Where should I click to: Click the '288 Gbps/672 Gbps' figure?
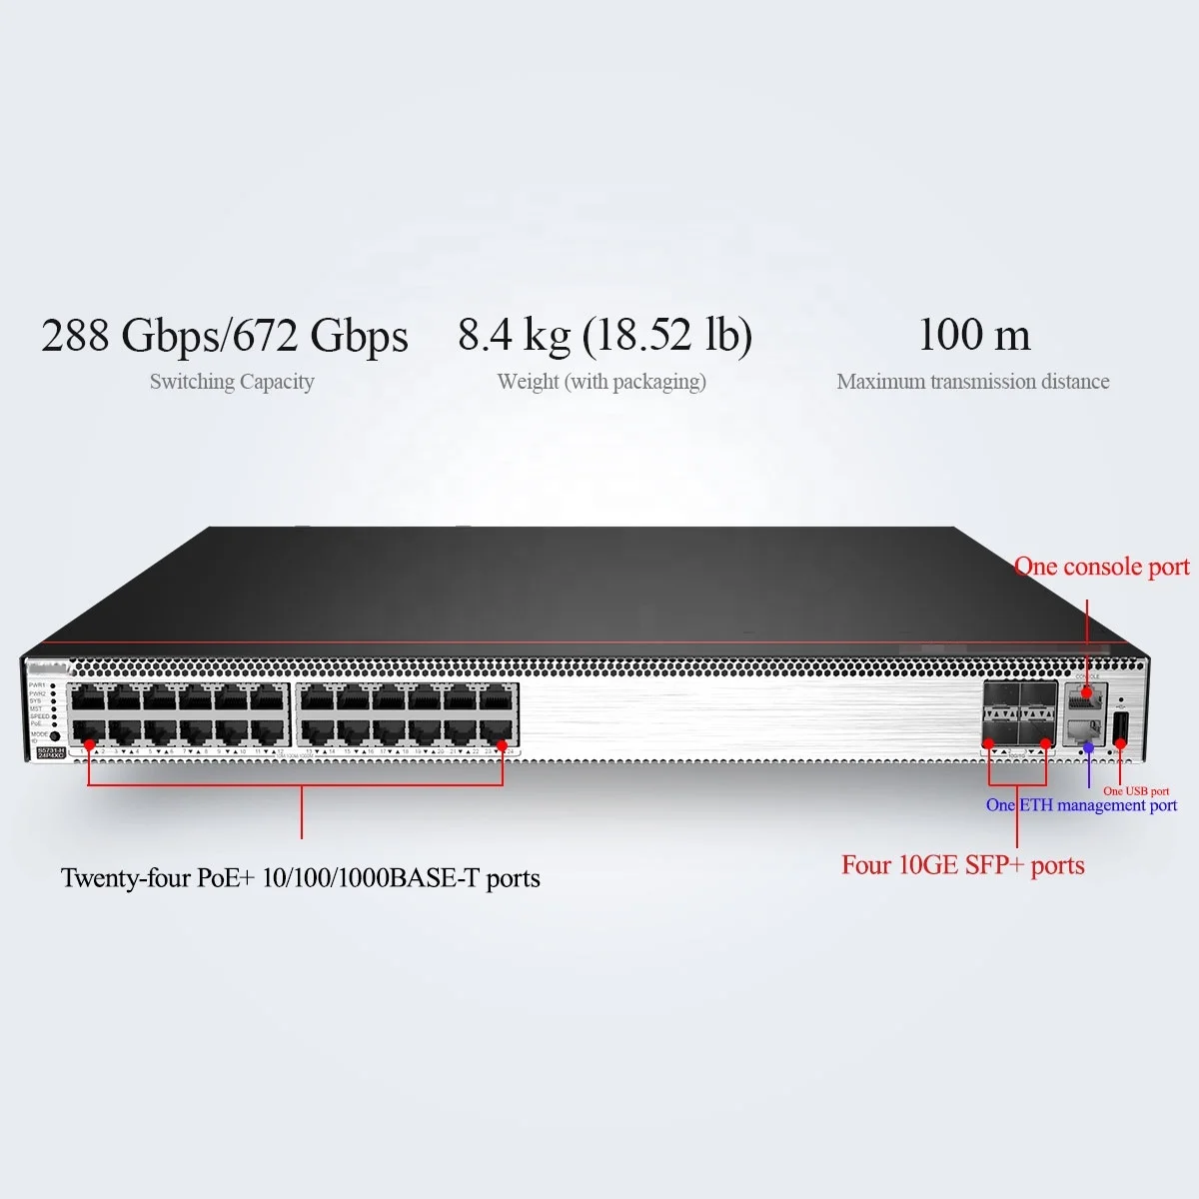pyautogui.click(x=225, y=336)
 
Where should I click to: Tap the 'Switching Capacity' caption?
pyautogui.click(x=232, y=382)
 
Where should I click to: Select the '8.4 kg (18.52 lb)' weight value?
pyautogui.click(x=604, y=336)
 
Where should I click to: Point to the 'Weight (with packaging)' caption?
pyautogui.click(x=601, y=382)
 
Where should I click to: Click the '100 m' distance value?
pyautogui.click(x=974, y=335)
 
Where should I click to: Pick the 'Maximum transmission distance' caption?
pyautogui.click(x=973, y=382)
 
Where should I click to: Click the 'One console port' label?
pyautogui.click(x=1101, y=568)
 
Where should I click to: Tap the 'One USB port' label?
pyautogui.click(x=1136, y=791)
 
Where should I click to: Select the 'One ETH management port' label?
pyautogui.click(x=1081, y=805)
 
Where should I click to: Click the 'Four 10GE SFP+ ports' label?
pyautogui.click(x=963, y=865)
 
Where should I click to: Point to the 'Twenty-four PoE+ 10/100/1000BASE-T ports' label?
pyautogui.click(x=301, y=878)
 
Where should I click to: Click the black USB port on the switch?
pyautogui.click(x=1120, y=726)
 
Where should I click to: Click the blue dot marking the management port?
pyautogui.click(x=1089, y=747)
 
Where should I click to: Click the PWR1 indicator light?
pyautogui.click(x=54, y=685)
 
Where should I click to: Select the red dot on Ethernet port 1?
pyautogui.click(x=89, y=744)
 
